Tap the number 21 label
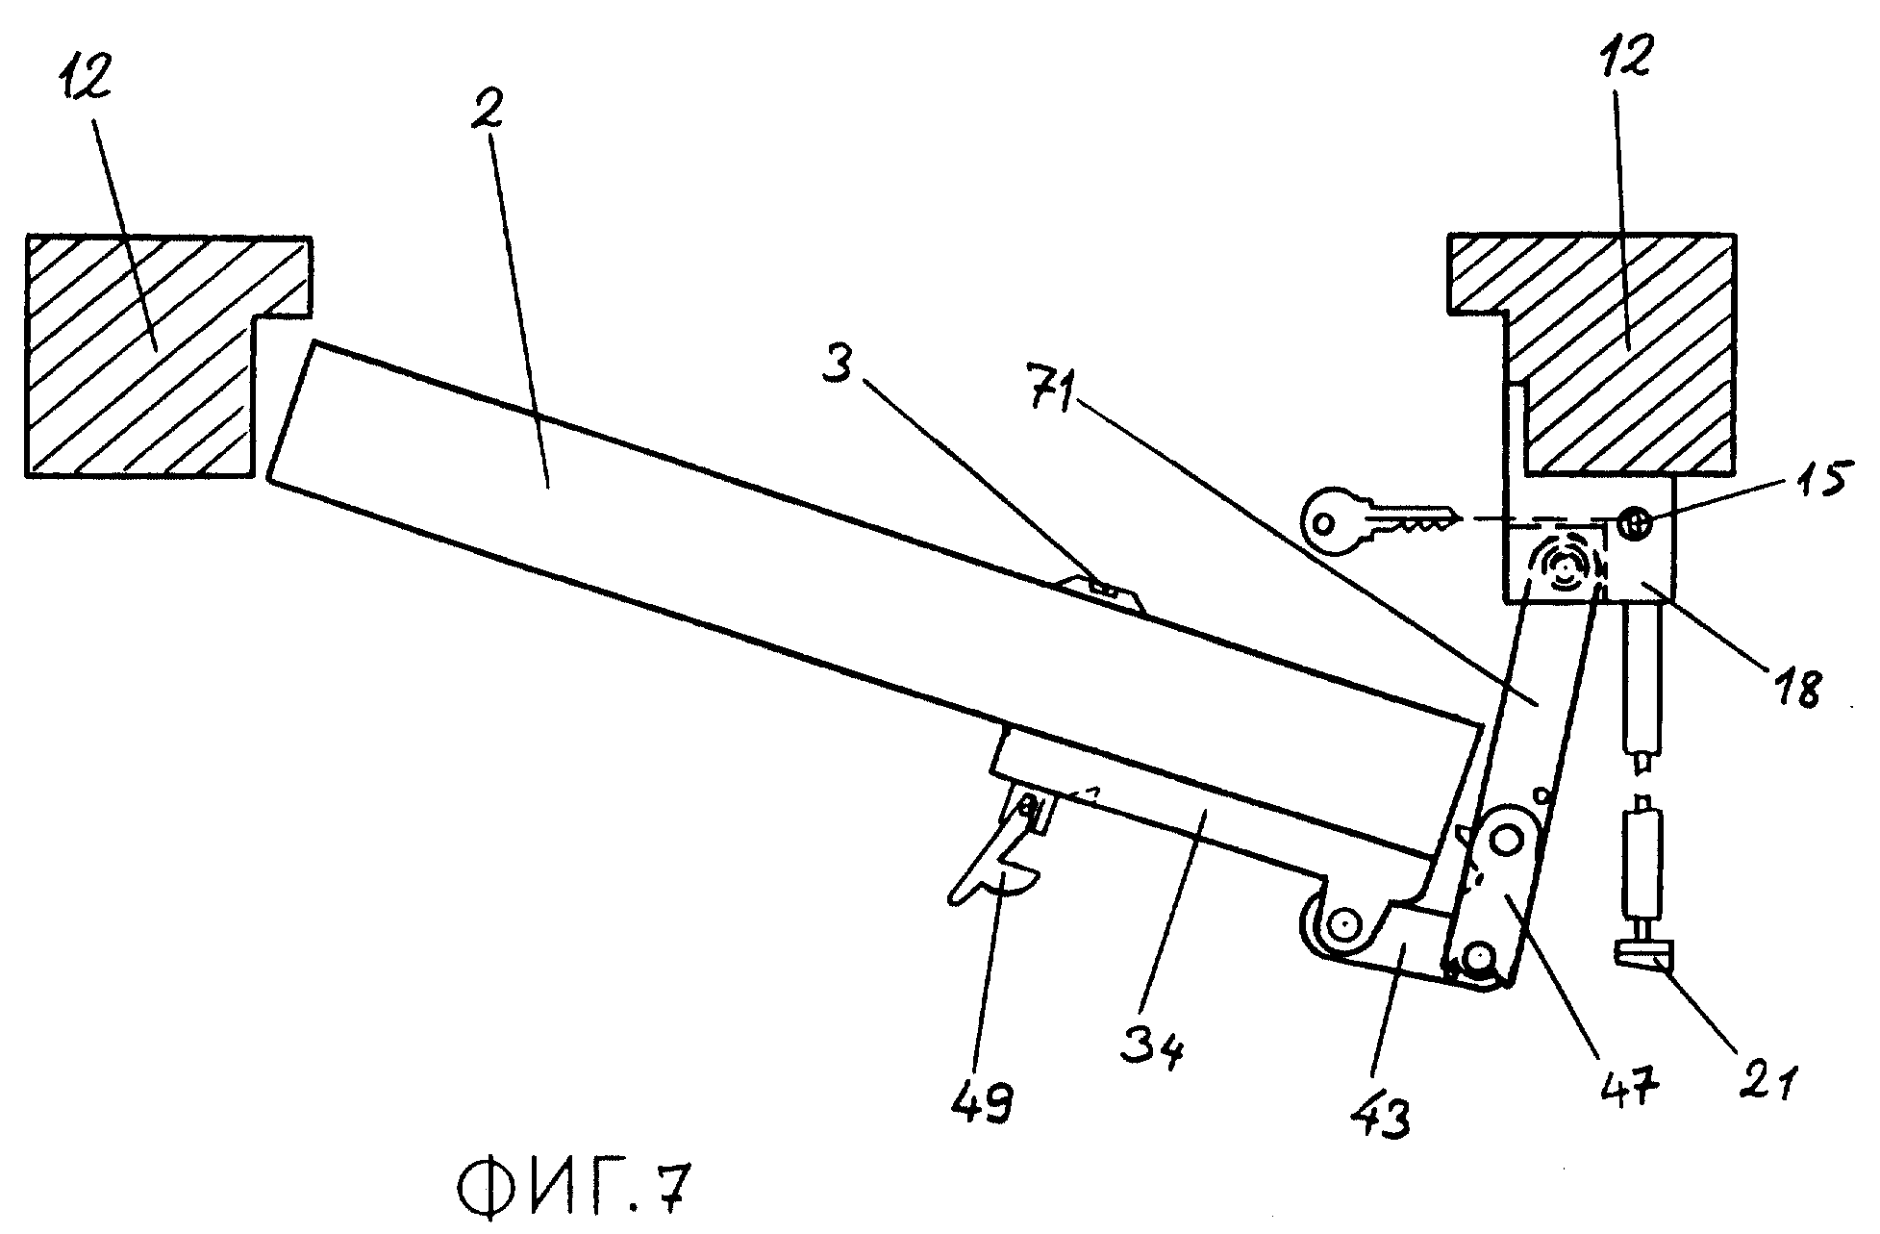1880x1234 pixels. (1764, 1076)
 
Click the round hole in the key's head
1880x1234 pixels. (1324, 524)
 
